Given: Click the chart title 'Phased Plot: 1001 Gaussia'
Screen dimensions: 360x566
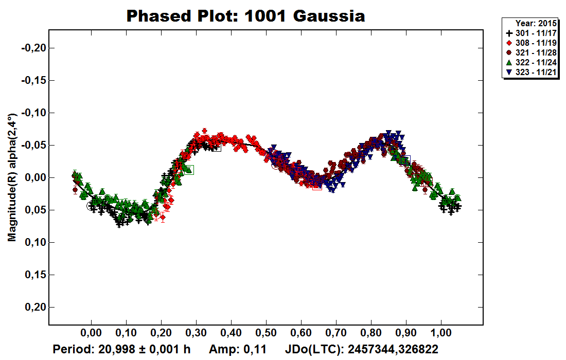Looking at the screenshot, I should click(245, 16).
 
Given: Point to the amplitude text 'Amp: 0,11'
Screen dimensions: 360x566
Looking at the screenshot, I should click(237, 350).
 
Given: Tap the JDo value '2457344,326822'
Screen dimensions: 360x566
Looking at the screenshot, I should click(393, 350).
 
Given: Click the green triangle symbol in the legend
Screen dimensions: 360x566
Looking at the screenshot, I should click(509, 62).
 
